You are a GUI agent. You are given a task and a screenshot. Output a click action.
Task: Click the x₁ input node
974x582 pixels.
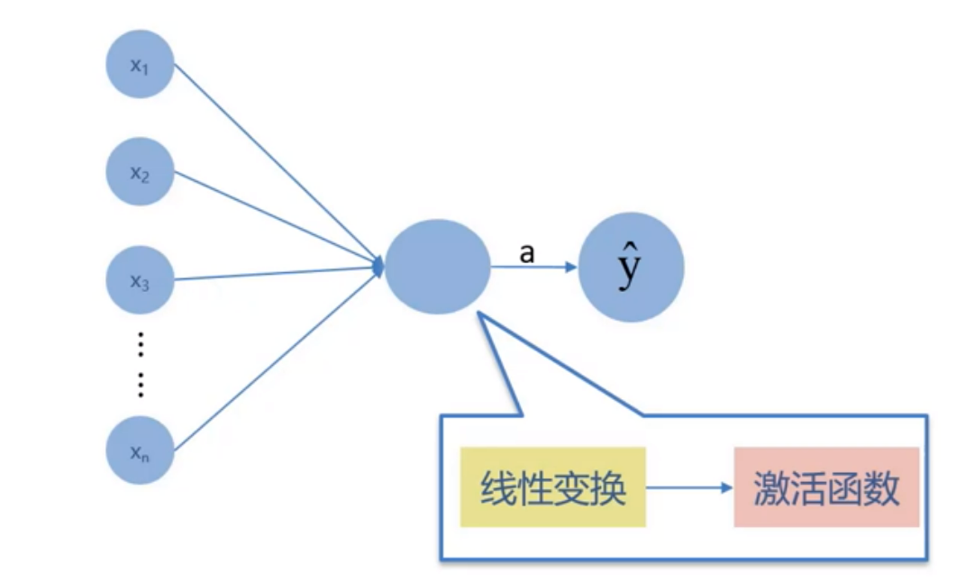click(x=140, y=64)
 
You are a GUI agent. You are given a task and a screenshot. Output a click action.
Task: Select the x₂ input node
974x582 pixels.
click(x=140, y=172)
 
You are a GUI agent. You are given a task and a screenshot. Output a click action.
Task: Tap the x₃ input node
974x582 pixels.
click(x=140, y=280)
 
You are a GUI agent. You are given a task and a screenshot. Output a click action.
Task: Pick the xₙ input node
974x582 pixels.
click(x=140, y=451)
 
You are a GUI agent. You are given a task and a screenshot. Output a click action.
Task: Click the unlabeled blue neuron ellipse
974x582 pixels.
click(x=438, y=266)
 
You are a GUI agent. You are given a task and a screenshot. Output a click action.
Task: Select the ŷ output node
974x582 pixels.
click(x=631, y=268)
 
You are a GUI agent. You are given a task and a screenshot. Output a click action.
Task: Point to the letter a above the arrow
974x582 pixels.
click(x=527, y=253)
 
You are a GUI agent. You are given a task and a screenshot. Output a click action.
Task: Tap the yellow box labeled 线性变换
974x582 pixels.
click(x=553, y=487)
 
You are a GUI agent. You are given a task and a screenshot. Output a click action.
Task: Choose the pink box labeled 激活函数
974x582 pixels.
click(x=826, y=487)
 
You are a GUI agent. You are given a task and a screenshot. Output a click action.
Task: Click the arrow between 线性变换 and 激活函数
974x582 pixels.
click(x=689, y=488)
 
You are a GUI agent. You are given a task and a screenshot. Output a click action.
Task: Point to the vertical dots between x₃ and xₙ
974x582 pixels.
click(x=141, y=364)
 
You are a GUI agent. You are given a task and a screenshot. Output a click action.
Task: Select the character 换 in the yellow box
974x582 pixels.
click(x=607, y=488)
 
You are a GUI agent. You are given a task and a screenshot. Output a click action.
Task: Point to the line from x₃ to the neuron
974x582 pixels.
click(x=270, y=273)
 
